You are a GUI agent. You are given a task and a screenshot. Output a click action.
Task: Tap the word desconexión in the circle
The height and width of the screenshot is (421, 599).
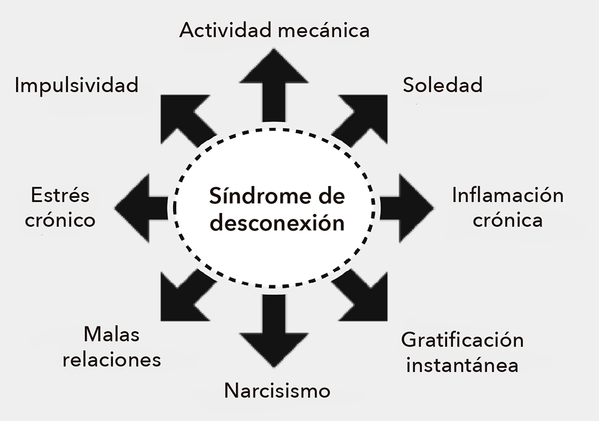tap(278, 224)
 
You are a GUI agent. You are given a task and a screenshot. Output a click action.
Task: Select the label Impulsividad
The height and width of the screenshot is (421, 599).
tap(77, 85)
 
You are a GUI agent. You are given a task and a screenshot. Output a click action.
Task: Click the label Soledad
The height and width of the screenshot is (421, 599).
tap(442, 85)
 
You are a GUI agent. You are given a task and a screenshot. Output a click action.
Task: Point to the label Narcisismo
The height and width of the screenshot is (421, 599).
tap(277, 392)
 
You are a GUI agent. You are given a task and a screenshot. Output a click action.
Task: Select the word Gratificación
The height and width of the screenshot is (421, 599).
tap(462, 341)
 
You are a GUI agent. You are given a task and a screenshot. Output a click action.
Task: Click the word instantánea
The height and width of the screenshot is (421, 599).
tap(462, 365)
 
